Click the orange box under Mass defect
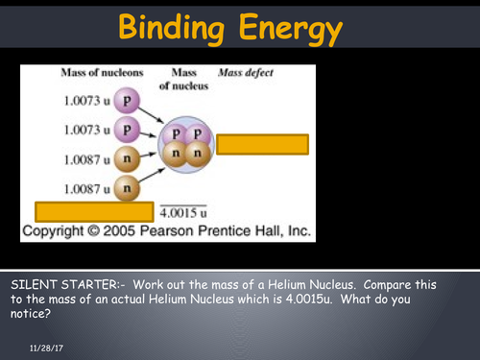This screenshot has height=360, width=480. tap(262, 144)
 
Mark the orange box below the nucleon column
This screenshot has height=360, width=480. tap(94, 211)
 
